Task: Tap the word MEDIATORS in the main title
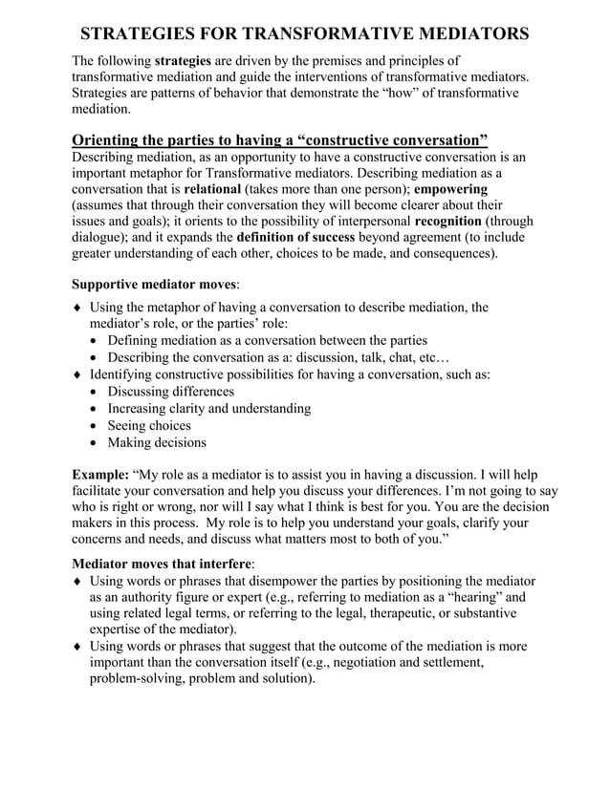[x=463, y=35]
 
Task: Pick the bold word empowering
[x=450, y=189]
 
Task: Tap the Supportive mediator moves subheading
[x=155, y=284]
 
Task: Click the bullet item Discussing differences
[x=170, y=392]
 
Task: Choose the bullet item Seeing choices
[x=148, y=425]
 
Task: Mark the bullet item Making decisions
[x=156, y=442]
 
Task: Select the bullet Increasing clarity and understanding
[x=208, y=409]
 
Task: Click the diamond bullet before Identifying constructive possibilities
[x=77, y=375]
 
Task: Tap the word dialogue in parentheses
[x=100, y=238]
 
